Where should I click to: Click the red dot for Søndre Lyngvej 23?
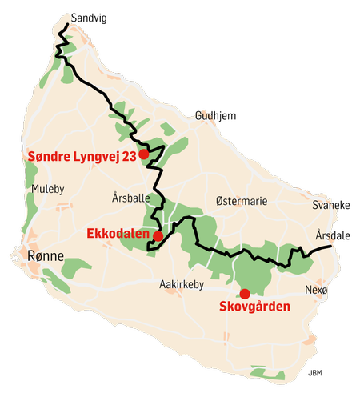(x=143, y=154)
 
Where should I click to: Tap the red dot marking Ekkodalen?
(x=158, y=236)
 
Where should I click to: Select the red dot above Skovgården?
(x=245, y=293)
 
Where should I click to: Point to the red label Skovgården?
(x=254, y=307)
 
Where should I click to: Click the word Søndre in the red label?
(x=49, y=157)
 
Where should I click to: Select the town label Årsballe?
(x=130, y=197)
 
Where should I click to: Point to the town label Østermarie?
(x=242, y=202)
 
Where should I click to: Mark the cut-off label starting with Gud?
(x=204, y=116)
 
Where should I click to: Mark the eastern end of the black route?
(x=331, y=247)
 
